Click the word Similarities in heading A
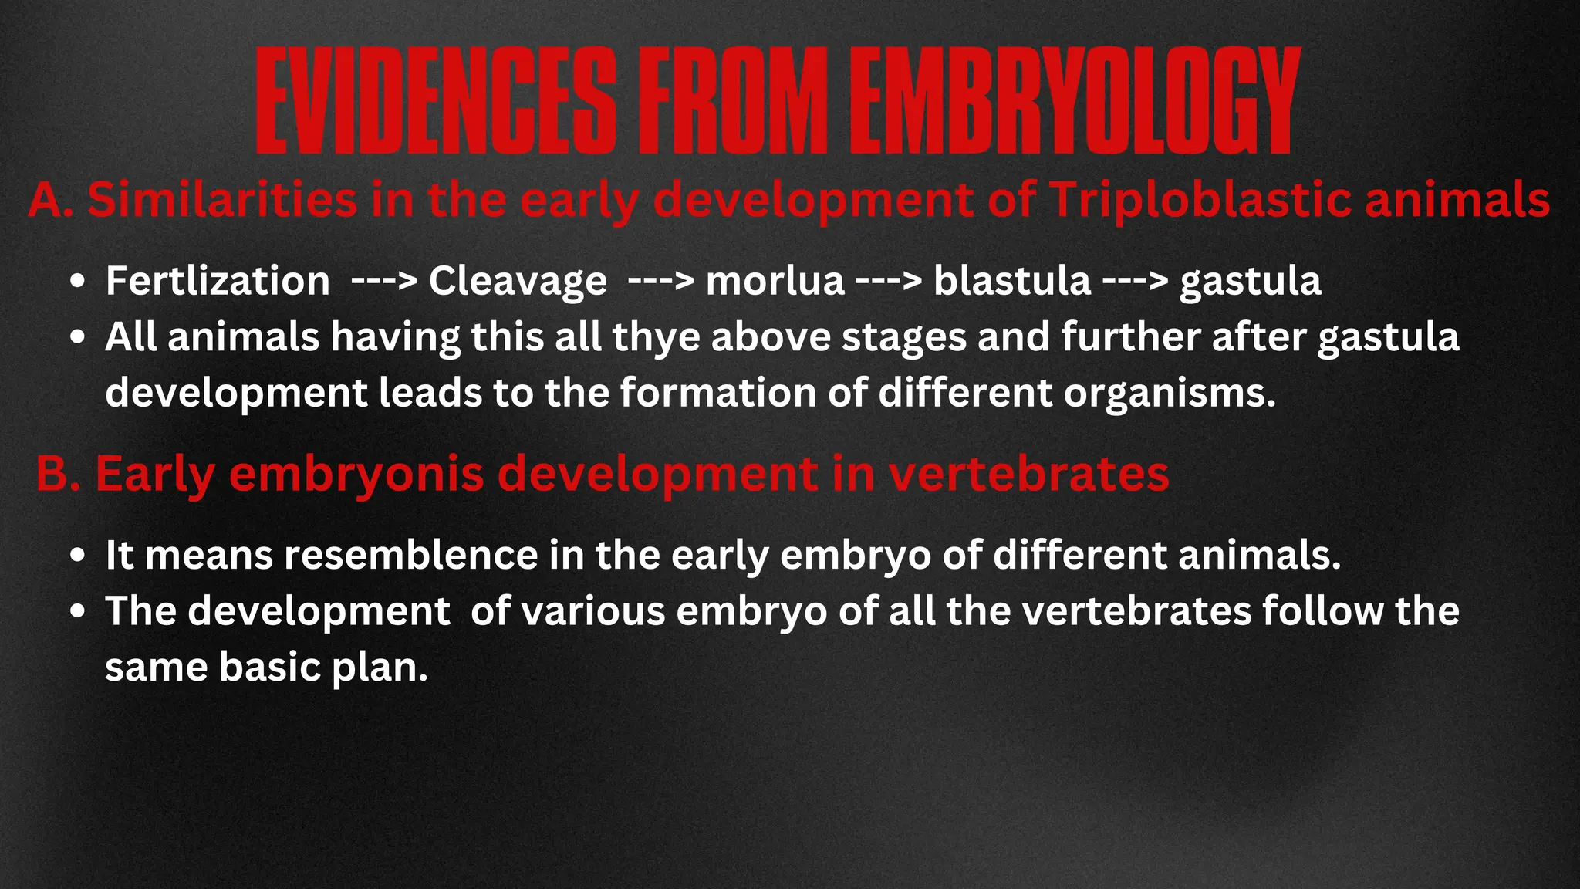[x=222, y=200]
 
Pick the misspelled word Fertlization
[x=218, y=280]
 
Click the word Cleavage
[x=518, y=280]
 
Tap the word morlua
[x=775, y=280]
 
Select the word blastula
[x=1012, y=280]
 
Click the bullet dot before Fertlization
[x=76, y=282]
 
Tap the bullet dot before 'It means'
[x=76, y=556]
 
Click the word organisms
[x=1170, y=393]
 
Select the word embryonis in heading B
[x=356, y=474]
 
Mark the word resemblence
[x=411, y=555]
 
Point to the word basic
[x=269, y=667]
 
